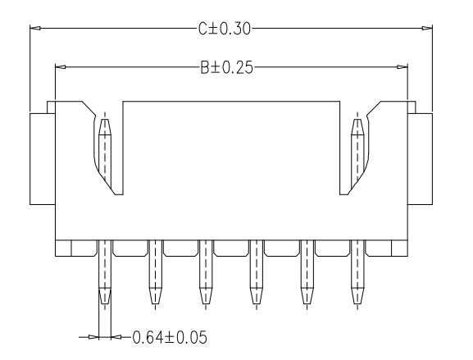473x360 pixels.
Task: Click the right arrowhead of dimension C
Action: coord(426,29)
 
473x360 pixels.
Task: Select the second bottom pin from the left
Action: coord(155,279)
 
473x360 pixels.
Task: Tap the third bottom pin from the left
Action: coord(205,279)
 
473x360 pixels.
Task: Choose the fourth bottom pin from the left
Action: coord(256,279)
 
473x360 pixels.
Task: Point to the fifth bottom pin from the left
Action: coord(306,279)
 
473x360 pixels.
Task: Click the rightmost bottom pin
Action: coord(357,279)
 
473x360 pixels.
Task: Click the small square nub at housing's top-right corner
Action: coord(412,106)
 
